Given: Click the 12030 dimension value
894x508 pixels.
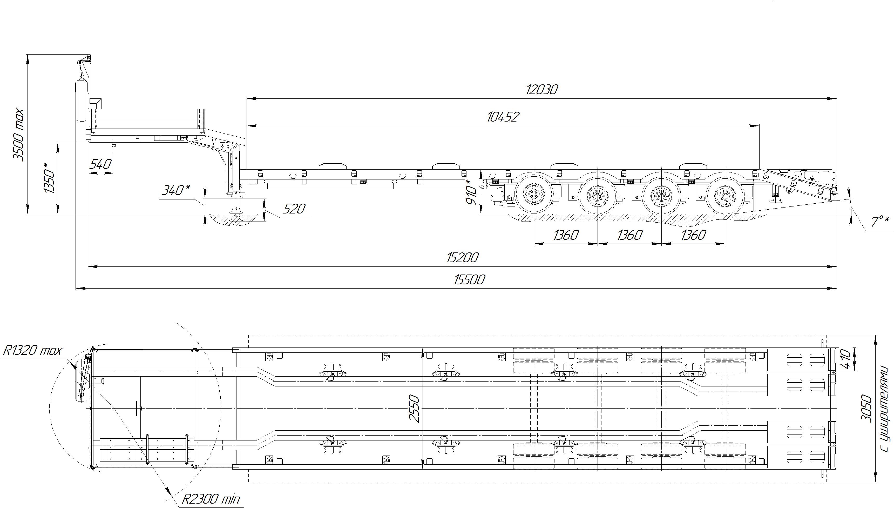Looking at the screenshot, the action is coord(542,90).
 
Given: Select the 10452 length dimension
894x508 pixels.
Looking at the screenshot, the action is coord(503,117).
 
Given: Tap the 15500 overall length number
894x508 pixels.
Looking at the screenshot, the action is coord(469,279).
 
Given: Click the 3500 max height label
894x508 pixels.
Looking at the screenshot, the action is coord(18,135).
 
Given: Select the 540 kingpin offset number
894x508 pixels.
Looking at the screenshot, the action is coord(100,164).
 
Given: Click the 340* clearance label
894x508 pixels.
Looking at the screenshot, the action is coord(176,190).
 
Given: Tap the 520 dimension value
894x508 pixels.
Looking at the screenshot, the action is coord(294,209).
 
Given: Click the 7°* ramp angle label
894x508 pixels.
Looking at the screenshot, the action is coord(880,221).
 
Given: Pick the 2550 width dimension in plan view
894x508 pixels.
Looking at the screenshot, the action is coord(415,408).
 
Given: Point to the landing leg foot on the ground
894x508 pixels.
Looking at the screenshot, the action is coord(236,213).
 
